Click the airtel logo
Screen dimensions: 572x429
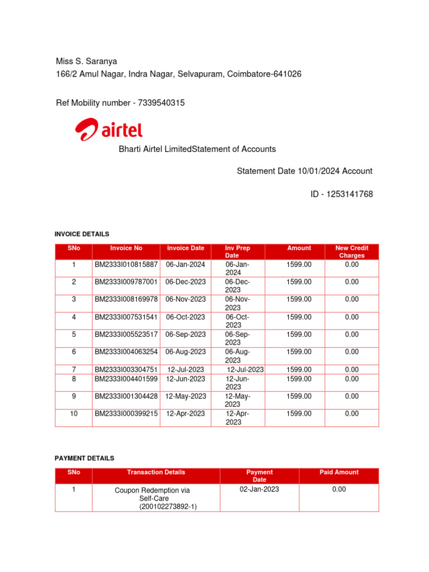(x=109, y=130)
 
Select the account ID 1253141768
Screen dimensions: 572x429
(x=349, y=194)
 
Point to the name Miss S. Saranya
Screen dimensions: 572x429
(x=86, y=61)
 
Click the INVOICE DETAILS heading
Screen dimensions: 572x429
(x=82, y=234)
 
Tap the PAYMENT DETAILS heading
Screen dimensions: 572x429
(x=84, y=458)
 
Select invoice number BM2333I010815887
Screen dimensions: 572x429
(x=126, y=264)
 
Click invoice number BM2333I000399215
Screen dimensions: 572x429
(x=126, y=414)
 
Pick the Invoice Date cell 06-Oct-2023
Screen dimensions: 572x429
(x=185, y=317)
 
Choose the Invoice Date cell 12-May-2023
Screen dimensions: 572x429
(x=185, y=396)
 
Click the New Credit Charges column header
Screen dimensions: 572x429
(x=351, y=251)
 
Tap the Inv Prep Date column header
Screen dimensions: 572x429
(x=237, y=251)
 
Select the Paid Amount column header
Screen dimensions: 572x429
(x=339, y=472)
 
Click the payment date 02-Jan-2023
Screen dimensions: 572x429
(x=259, y=489)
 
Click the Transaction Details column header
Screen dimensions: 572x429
(x=156, y=472)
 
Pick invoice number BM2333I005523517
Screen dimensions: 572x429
(x=126, y=335)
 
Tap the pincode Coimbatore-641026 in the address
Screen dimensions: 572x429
(x=264, y=74)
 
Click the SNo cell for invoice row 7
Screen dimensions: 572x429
(x=74, y=370)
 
